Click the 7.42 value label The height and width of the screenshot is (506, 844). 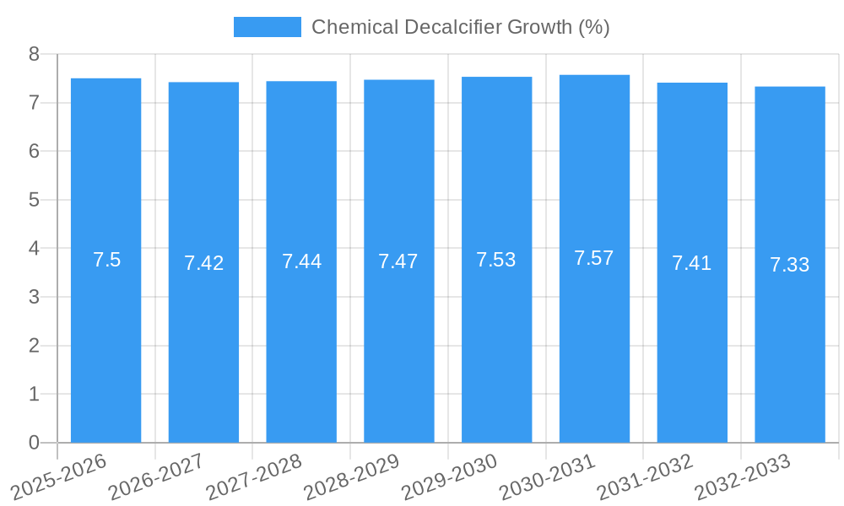click(204, 263)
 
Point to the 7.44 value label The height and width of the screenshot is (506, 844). click(301, 261)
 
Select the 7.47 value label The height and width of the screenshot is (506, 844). click(398, 261)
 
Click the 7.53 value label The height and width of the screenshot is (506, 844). click(496, 260)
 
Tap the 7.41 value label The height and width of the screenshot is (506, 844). click(692, 263)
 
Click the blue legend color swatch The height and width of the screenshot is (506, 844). click(267, 27)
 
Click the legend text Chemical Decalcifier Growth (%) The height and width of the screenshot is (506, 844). click(460, 27)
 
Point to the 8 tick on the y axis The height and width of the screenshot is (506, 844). click(35, 54)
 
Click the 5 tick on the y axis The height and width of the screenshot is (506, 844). click(35, 200)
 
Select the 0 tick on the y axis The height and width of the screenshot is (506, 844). click(35, 443)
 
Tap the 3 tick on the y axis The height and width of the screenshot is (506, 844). click(35, 297)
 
